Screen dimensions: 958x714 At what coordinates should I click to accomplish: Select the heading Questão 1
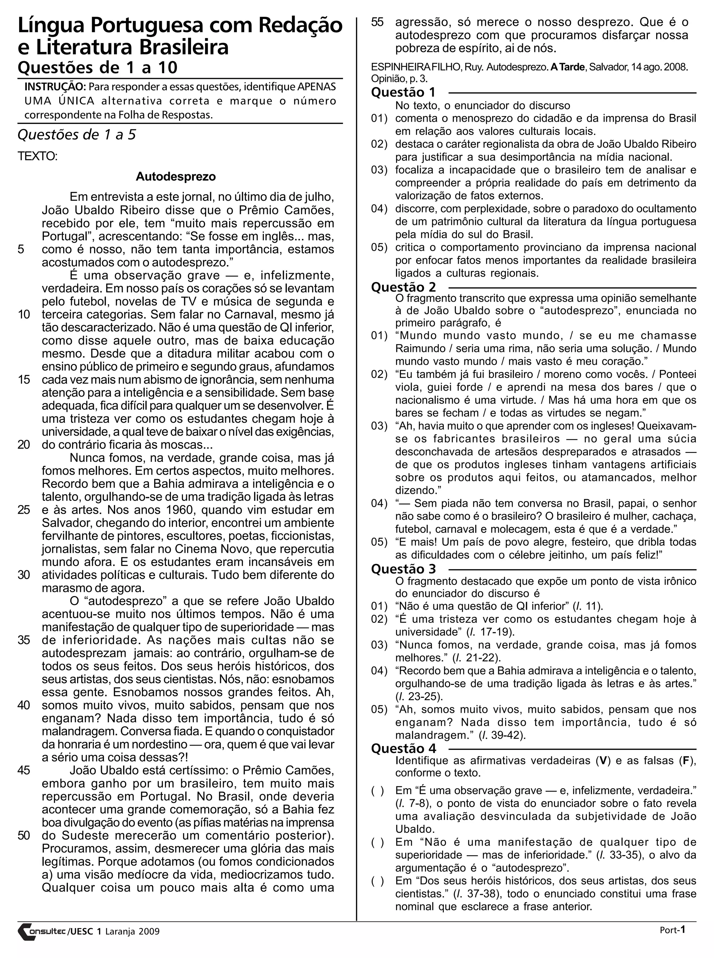(x=403, y=92)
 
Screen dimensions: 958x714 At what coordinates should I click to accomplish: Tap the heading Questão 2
(x=404, y=287)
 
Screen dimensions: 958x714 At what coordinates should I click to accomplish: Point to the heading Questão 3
(x=404, y=569)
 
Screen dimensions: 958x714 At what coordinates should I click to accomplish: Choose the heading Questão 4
(x=404, y=748)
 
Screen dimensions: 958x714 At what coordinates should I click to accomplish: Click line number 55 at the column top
(x=377, y=22)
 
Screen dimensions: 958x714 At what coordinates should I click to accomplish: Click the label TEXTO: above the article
(x=38, y=156)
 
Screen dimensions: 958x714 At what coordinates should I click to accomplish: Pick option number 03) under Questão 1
(x=379, y=170)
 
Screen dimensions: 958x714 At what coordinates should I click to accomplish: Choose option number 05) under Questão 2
(x=379, y=542)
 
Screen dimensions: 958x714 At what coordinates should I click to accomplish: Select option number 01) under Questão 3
(x=379, y=606)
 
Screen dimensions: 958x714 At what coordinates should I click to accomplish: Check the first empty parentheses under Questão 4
(x=377, y=791)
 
